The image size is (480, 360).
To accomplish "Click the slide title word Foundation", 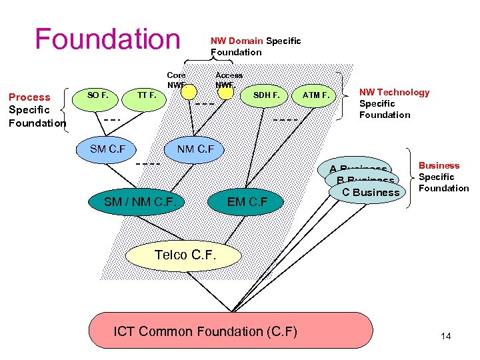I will click(107, 39).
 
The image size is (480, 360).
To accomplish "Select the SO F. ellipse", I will click(98, 95).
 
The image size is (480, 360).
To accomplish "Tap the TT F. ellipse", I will click(147, 95).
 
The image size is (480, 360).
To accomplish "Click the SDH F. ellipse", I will click(266, 95).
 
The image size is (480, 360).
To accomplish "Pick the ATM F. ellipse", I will click(315, 95).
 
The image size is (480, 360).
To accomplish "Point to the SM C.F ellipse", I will click(107, 149).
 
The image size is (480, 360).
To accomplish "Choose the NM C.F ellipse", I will click(195, 149).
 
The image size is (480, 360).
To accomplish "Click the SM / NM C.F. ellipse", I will click(141, 199).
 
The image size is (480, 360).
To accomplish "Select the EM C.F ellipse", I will click(248, 199).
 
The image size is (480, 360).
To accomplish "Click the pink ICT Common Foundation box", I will click(230, 331).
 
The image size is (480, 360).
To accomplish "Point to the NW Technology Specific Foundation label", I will click(394, 103).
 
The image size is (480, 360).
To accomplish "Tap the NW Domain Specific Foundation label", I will click(255, 46).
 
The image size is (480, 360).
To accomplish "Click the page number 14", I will click(446, 336).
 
